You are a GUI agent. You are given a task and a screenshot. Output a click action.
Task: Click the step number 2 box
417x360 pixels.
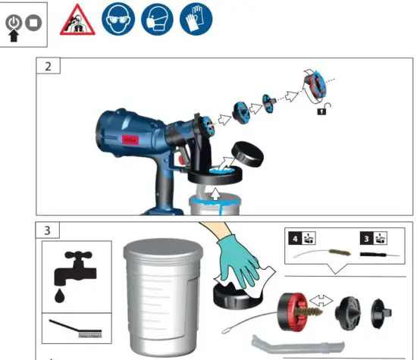pos(49,65)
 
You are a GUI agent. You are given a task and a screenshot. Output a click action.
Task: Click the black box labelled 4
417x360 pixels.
pos(294,240)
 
